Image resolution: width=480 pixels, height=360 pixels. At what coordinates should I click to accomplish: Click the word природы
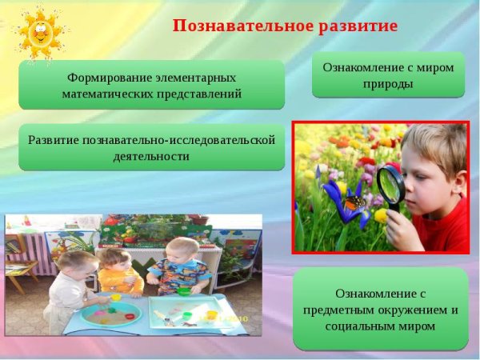coord(388,83)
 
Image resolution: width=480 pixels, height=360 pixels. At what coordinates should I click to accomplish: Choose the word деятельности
coord(151,156)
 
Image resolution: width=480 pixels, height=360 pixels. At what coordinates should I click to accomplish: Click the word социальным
coord(359,326)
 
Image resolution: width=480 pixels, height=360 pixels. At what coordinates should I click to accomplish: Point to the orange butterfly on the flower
coord(355,204)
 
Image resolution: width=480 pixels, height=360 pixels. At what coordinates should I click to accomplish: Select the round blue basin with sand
coord(112,314)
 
